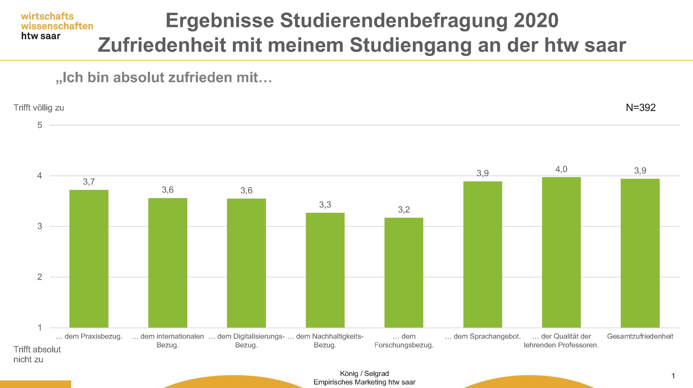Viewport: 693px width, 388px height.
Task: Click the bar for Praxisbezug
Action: (89, 259)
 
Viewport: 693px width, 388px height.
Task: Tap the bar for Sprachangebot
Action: (483, 254)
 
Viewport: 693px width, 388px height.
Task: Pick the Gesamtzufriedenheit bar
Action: (640, 253)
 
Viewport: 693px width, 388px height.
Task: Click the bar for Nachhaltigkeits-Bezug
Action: (325, 270)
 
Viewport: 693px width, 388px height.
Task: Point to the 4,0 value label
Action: (561, 169)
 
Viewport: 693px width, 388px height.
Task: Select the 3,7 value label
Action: (89, 182)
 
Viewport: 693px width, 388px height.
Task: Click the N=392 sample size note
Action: (641, 107)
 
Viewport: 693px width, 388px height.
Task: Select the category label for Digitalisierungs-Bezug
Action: (246, 340)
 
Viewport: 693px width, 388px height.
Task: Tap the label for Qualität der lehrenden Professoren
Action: (561, 340)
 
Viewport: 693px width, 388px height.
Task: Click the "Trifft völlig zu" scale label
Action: (39, 108)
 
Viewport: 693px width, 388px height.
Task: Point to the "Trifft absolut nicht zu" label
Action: (37, 354)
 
